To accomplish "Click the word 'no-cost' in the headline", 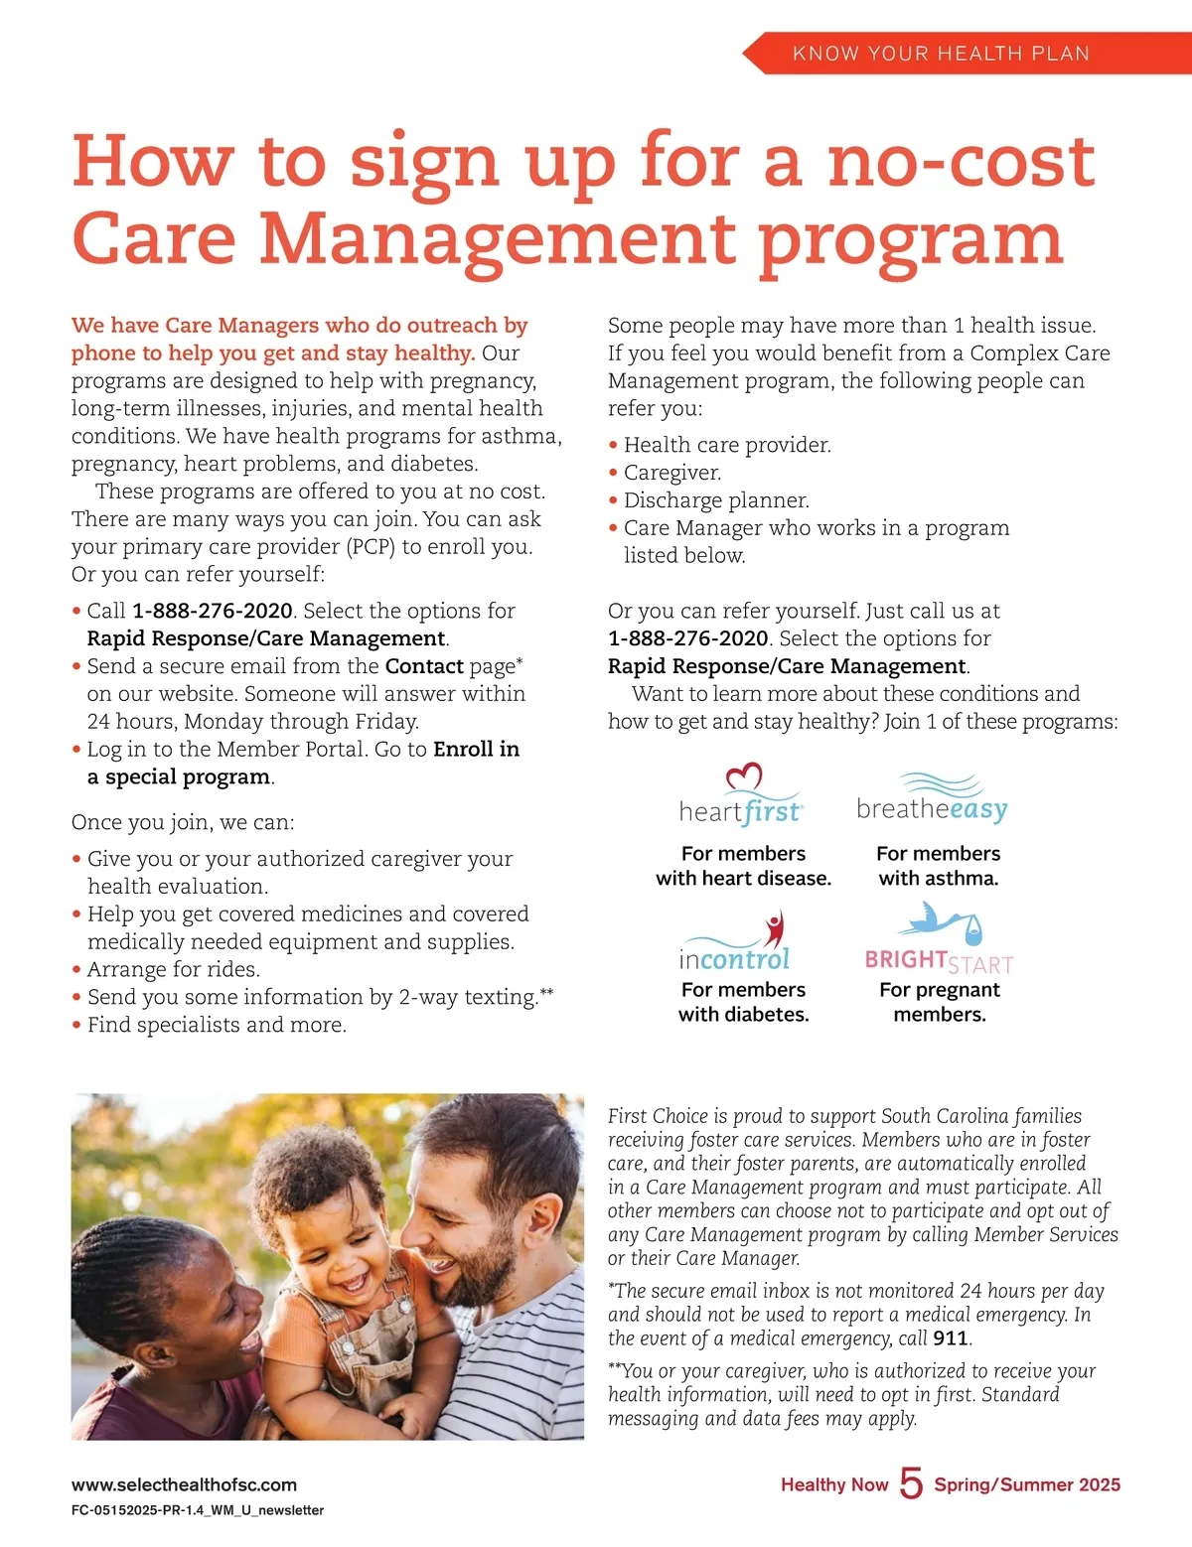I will [x=962, y=162].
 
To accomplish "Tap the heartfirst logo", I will [x=741, y=797].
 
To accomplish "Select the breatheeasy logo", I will [x=932, y=799].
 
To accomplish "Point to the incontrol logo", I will [x=735, y=943].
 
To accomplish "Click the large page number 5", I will [x=911, y=1483].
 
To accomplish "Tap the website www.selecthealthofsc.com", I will [x=184, y=1484].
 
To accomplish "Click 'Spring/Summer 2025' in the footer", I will [x=1026, y=1484].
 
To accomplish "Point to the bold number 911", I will [x=950, y=1338].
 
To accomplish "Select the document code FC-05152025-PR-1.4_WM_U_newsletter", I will [x=198, y=1510].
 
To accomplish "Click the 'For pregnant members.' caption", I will [x=939, y=1002].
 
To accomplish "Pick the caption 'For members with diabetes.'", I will [x=743, y=1002].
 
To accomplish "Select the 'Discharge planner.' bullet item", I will [x=715, y=500].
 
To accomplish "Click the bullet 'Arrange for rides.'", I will [x=173, y=969].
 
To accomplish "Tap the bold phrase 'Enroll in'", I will [x=476, y=749].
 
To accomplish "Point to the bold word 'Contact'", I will [x=424, y=666].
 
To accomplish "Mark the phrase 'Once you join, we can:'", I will [x=183, y=822].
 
